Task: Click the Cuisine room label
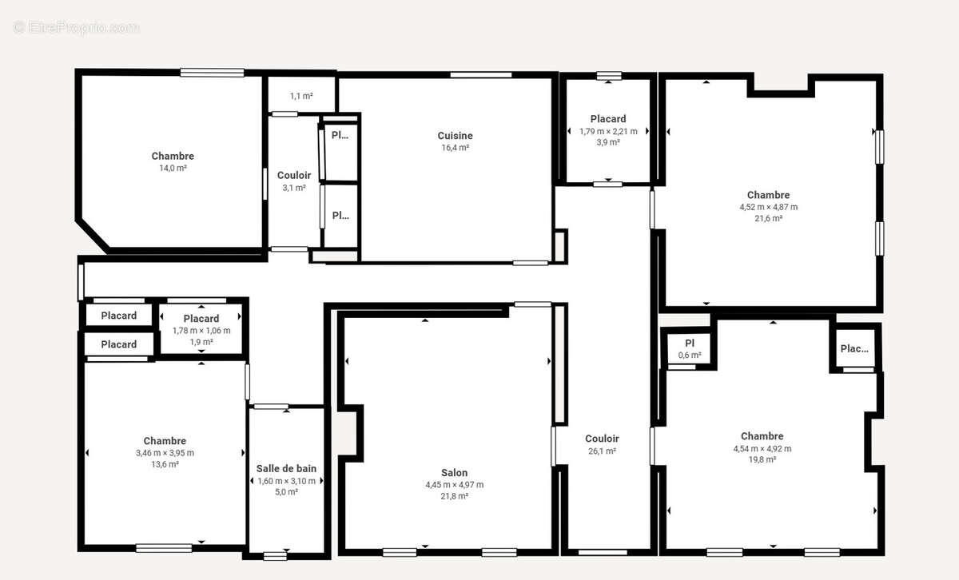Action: (455, 136)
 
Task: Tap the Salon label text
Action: (454, 473)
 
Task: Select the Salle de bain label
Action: (286, 468)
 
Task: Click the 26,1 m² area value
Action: (602, 451)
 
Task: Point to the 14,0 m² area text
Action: (173, 168)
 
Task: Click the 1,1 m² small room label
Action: (301, 96)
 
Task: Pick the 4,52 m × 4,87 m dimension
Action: (769, 207)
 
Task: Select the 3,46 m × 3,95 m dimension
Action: (165, 452)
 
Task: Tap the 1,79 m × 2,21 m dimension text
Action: (608, 131)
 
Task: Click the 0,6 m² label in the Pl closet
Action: (690, 355)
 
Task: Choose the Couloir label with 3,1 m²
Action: (294, 175)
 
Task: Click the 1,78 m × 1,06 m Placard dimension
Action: (201, 331)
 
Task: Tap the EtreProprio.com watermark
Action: (76, 27)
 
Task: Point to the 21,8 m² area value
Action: (454, 495)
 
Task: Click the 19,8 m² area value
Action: (762, 459)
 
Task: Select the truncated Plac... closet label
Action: (854, 348)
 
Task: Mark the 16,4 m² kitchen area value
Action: (455, 148)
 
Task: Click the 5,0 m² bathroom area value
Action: (286, 492)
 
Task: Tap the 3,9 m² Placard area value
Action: (608, 142)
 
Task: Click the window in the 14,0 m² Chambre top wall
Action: (212, 73)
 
